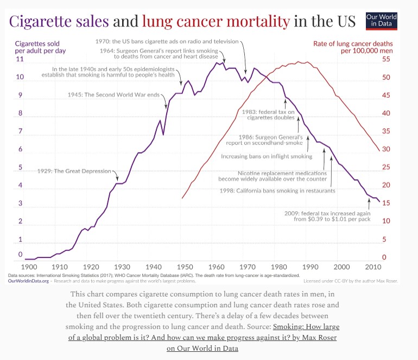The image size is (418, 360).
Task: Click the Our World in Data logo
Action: coord(382,20)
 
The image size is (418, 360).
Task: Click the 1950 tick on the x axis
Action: coord(185,267)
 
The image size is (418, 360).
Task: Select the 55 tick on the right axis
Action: coord(386,59)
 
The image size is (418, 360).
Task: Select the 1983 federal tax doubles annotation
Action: coord(264,115)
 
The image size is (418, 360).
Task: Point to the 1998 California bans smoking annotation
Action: coord(277,191)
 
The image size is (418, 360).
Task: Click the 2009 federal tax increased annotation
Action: coord(332,216)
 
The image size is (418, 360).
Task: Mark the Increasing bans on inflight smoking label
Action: coord(267,156)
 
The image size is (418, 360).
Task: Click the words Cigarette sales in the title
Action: coord(60,22)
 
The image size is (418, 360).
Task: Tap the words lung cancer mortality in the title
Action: coord(216,22)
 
